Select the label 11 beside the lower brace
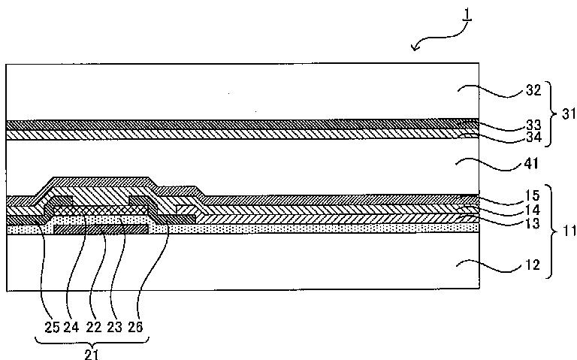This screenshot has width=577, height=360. pos(569,231)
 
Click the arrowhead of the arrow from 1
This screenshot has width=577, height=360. pos(414,50)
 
